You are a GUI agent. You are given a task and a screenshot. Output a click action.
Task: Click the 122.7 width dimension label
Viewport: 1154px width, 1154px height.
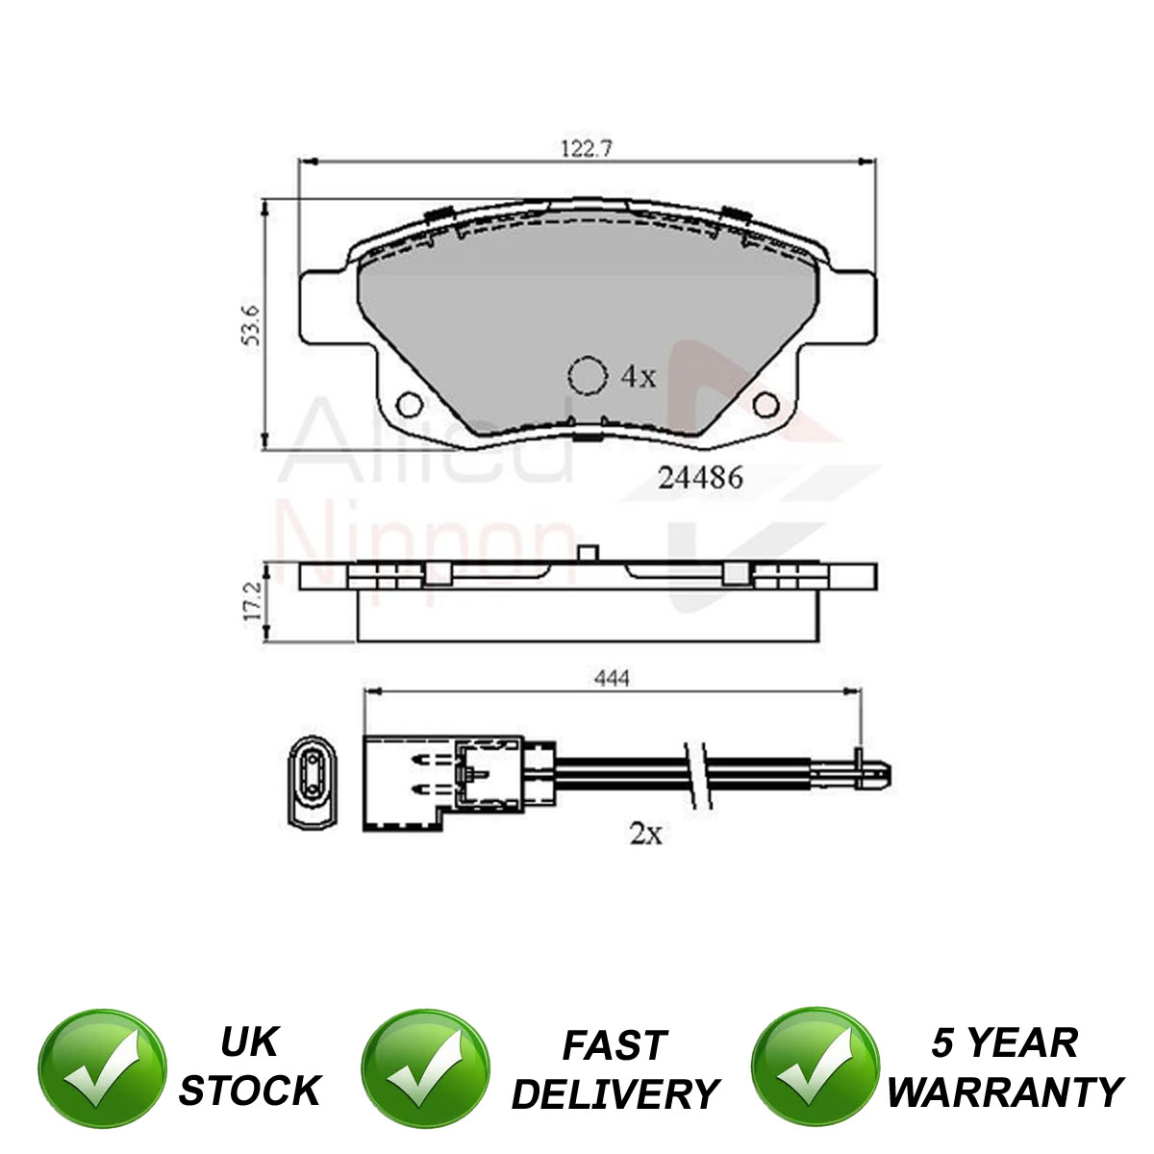(x=587, y=148)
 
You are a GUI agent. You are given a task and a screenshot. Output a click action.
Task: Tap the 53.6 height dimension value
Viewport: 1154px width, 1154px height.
(x=251, y=325)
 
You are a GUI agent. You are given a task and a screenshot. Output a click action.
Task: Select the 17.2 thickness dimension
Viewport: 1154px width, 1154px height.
(x=252, y=600)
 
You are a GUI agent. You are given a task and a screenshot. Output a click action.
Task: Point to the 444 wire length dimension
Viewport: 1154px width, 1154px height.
(x=612, y=679)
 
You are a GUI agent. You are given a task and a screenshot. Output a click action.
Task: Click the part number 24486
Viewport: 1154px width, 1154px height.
(x=700, y=477)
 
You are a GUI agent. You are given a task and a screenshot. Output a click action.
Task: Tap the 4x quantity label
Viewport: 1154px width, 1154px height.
(x=639, y=377)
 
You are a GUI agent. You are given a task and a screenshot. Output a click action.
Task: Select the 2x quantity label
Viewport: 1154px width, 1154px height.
(x=645, y=834)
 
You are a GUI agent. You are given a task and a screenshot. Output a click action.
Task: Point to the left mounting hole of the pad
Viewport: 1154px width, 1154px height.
(x=410, y=404)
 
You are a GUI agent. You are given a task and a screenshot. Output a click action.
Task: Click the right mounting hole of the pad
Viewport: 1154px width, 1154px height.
(x=765, y=404)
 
